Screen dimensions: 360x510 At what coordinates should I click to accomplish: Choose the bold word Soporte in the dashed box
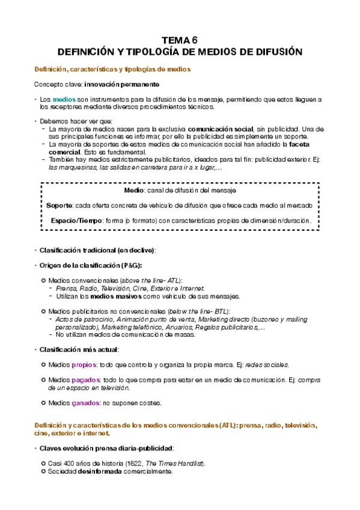pyautogui.click(x=59, y=205)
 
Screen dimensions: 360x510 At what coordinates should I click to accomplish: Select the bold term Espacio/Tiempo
pyautogui.click(x=76, y=221)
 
